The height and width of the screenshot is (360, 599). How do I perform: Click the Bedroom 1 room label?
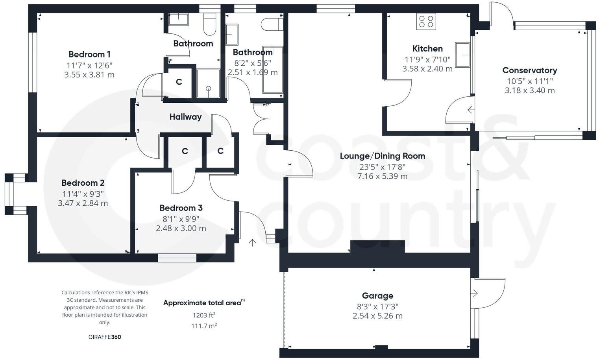(x=89, y=54)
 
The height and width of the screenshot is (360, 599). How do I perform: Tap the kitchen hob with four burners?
(x=426, y=22)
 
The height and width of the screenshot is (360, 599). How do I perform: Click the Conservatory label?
(x=529, y=70)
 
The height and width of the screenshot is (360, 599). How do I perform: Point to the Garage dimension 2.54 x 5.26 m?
(x=377, y=316)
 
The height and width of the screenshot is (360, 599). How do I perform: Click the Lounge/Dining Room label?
(x=382, y=156)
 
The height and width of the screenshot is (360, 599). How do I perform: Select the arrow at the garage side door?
(x=474, y=293)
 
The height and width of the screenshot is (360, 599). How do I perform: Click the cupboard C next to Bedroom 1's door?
(x=179, y=82)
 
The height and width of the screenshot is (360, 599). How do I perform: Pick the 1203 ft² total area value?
(x=204, y=315)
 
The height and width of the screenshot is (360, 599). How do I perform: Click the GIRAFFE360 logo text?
(x=105, y=337)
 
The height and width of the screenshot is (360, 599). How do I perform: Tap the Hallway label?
(x=185, y=117)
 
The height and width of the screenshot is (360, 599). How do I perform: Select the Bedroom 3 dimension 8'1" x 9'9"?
(x=181, y=219)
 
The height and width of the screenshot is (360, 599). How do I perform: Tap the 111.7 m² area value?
(x=204, y=326)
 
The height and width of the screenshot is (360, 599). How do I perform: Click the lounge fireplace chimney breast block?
(x=377, y=247)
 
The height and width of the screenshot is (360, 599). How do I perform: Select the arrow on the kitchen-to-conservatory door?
(x=471, y=110)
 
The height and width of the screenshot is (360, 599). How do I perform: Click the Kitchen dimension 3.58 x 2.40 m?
(x=427, y=69)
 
